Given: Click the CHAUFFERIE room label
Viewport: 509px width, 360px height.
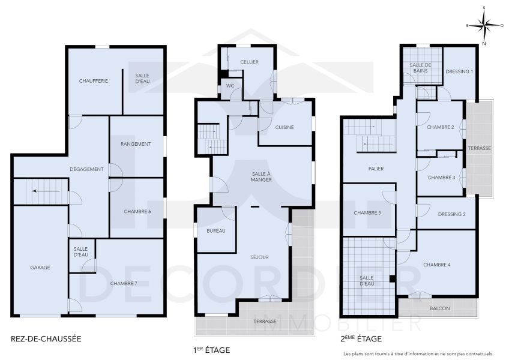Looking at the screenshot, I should [x=93, y=80].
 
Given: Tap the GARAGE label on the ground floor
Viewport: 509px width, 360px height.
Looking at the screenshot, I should [x=40, y=268].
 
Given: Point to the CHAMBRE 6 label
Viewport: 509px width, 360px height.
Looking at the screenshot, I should [x=137, y=212].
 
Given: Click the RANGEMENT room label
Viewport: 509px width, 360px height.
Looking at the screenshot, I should [x=135, y=144].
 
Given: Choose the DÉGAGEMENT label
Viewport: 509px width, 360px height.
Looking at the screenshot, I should [x=86, y=169].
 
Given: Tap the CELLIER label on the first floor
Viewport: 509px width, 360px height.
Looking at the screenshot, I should [x=249, y=62].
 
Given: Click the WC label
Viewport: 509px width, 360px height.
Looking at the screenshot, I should [x=230, y=86].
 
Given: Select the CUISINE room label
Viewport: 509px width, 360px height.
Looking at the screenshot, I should [x=285, y=127].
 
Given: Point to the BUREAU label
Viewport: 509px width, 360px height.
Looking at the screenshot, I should [x=215, y=231].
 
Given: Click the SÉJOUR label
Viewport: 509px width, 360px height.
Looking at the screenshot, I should [x=260, y=257].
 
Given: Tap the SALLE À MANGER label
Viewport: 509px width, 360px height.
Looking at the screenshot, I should [x=261, y=176].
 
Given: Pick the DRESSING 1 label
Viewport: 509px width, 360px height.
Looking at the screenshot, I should [x=459, y=71].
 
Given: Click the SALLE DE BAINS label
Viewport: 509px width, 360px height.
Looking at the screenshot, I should [x=421, y=68].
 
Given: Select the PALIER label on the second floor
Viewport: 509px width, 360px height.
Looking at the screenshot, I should [x=376, y=169].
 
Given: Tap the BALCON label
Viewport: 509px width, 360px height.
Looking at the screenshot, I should [x=439, y=308].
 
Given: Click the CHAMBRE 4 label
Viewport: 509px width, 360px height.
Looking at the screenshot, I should [x=436, y=265].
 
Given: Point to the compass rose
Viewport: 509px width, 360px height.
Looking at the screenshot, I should [x=484, y=25].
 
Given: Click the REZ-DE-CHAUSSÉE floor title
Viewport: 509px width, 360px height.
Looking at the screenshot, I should [x=46, y=339].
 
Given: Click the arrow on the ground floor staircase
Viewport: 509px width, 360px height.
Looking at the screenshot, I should [x=47, y=191].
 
